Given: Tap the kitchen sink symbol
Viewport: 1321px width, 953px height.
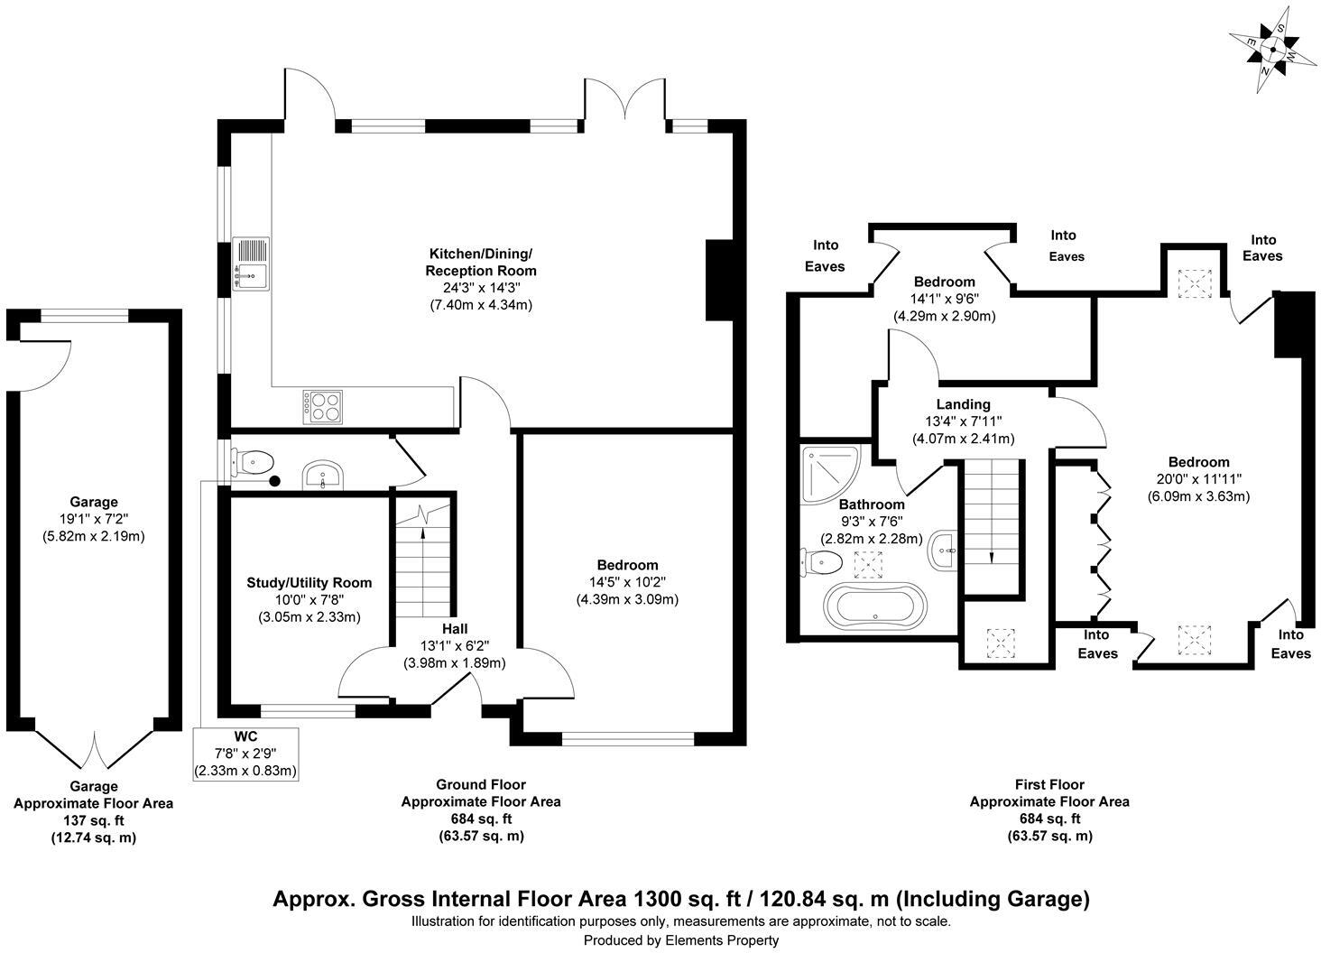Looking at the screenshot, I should [250, 264].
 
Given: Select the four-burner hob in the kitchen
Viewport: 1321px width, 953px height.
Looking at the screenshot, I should [323, 405].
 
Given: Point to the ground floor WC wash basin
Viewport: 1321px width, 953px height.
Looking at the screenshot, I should [322, 475].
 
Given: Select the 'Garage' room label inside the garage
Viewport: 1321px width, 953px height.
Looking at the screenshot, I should [94, 502].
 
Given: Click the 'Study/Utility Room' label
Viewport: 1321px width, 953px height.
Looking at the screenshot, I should [309, 583].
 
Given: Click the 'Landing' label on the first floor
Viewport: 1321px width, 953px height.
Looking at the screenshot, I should [963, 404].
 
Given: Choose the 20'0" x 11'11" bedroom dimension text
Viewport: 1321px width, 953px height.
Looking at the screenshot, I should [1198, 479].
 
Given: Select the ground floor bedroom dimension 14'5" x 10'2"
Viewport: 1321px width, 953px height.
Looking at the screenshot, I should [627, 582].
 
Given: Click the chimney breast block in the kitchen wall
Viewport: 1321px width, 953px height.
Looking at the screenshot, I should [720, 280].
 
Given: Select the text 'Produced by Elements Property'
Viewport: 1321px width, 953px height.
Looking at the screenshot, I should [680, 939].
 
